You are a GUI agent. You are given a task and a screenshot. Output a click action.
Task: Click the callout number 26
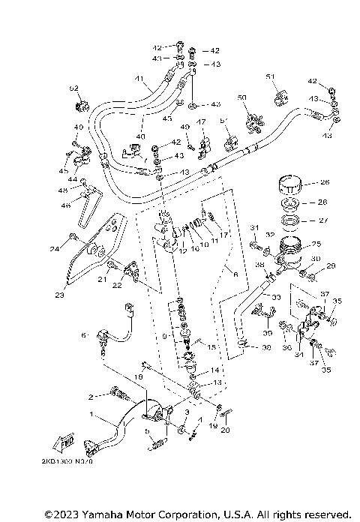325,181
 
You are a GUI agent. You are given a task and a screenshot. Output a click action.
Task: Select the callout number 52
74,88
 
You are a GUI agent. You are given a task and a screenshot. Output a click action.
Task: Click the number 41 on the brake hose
138,79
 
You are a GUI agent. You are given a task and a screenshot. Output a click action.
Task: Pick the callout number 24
55,248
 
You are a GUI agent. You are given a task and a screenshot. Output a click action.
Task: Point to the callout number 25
316,244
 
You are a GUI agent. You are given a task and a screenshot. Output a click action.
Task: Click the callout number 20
226,430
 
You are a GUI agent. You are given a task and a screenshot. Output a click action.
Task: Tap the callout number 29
331,266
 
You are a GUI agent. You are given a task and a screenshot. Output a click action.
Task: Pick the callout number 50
241,98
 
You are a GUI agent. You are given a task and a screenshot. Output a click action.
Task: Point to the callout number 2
91,395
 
